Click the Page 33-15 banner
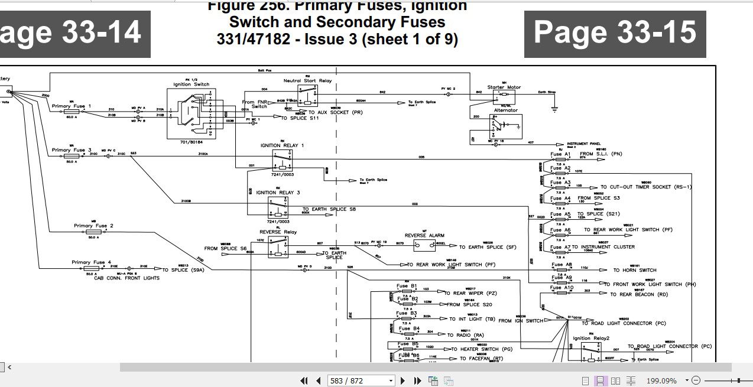615,33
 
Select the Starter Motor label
504,87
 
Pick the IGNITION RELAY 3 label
278,193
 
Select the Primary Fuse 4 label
91,262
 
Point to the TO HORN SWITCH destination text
635,271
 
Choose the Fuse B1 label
407,286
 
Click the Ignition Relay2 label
591,339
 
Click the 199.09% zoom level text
661,381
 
